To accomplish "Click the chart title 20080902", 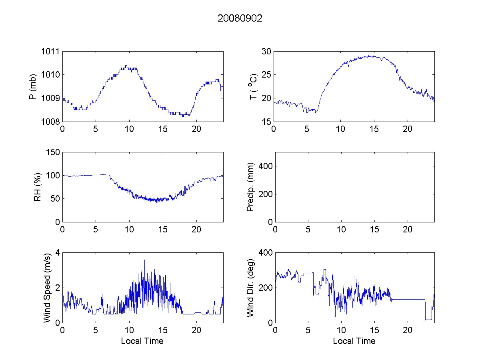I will (x=240, y=18).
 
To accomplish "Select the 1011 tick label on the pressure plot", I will (x=51, y=51).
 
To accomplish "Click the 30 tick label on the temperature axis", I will (x=266, y=51).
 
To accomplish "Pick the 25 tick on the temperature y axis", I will (x=266, y=74).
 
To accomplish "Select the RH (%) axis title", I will (x=38, y=187).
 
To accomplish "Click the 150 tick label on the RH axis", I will (x=53, y=152).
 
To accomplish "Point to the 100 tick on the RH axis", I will (x=53, y=175).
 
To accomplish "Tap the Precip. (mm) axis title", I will (x=250, y=187).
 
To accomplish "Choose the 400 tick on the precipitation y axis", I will (x=265, y=166).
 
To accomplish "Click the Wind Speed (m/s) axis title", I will (x=47, y=288).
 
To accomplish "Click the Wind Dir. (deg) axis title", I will (x=250, y=288).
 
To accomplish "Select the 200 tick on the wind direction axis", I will (x=265, y=288).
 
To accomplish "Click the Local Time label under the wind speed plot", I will (x=142, y=341).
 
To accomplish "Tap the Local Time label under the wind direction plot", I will (x=354, y=341).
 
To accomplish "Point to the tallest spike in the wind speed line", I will (x=144, y=260).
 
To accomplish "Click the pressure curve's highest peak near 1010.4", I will (x=126, y=66).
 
